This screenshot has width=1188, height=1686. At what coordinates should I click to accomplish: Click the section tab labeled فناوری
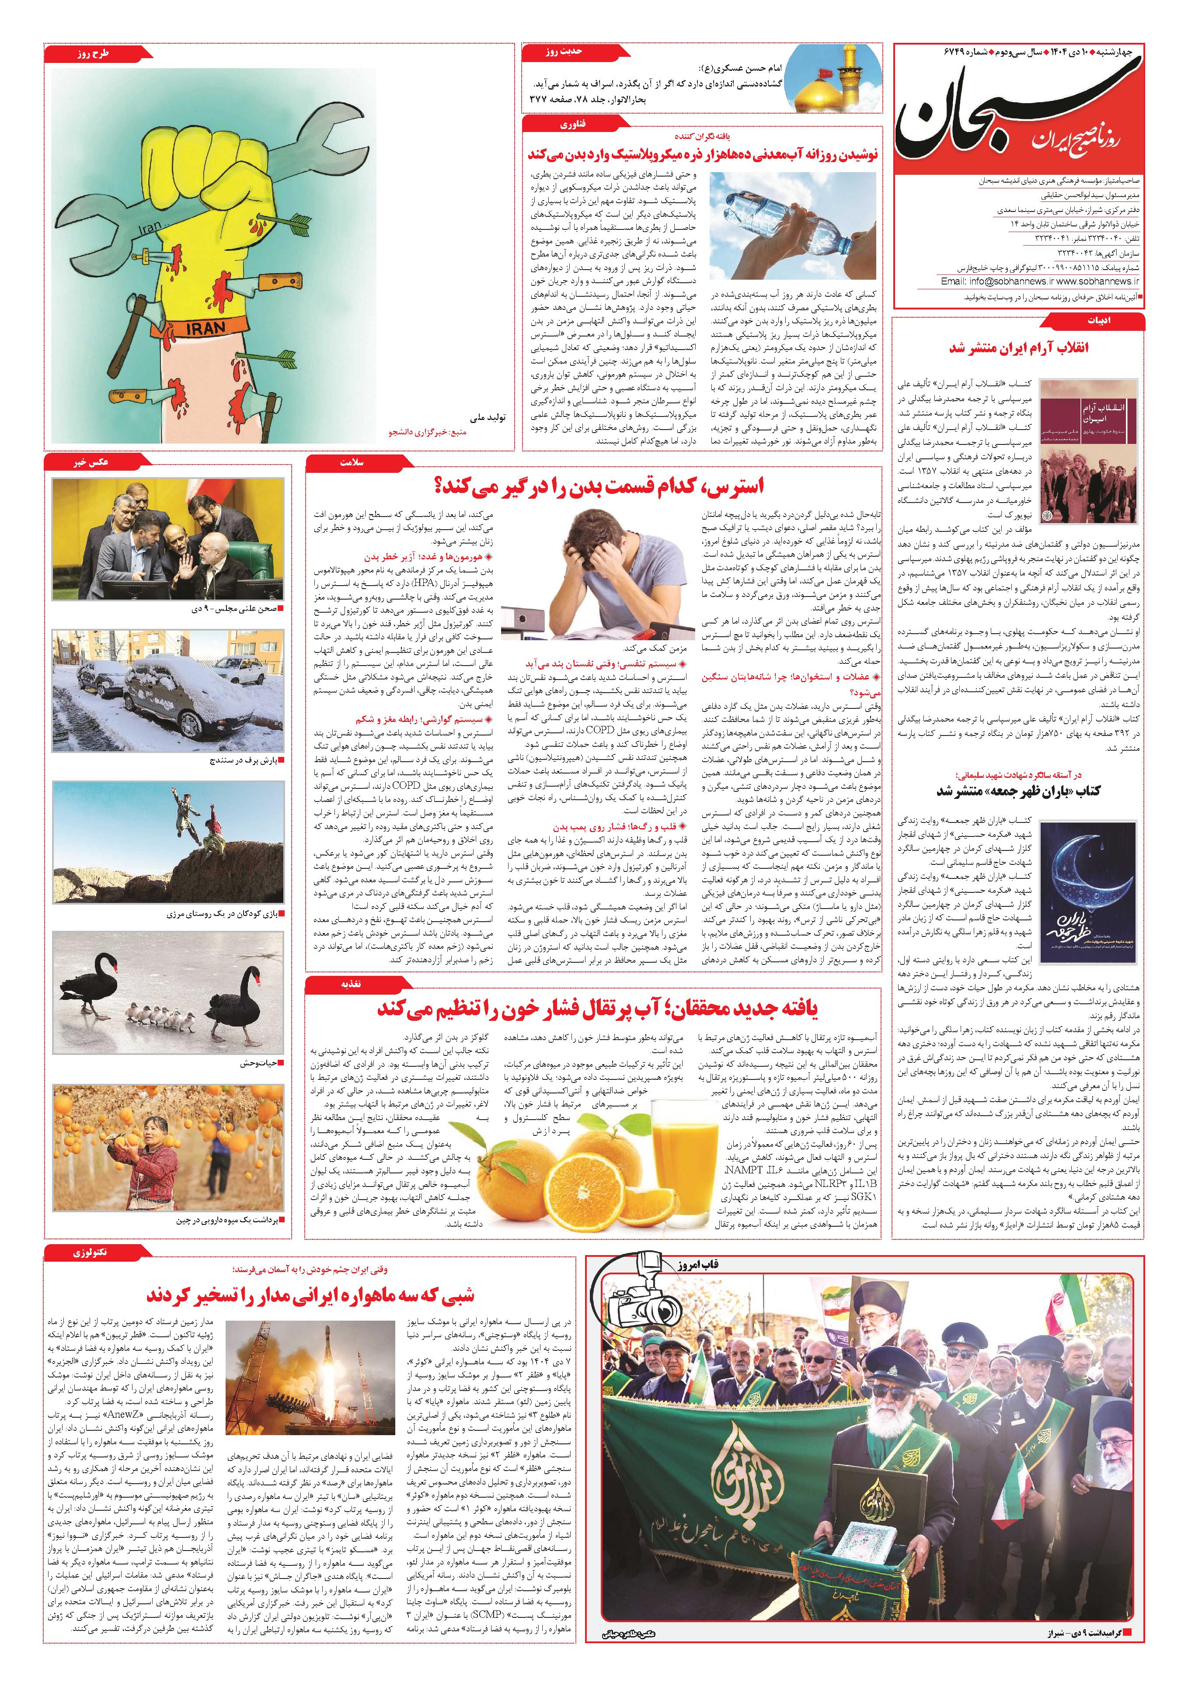571,125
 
